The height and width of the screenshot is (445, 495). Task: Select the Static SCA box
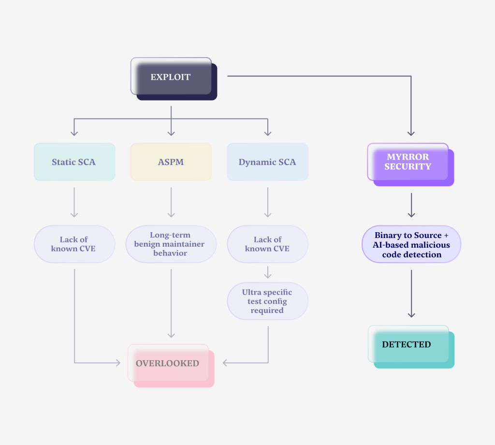click(74, 162)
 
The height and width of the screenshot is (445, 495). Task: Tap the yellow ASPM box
click(171, 162)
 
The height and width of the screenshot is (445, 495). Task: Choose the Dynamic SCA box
click(267, 162)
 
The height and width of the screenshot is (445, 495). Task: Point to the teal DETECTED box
click(408, 344)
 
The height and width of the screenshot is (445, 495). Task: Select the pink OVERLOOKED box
click(168, 363)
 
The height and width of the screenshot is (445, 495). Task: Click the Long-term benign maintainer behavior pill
click(171, 244)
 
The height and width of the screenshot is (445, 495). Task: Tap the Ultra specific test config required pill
click(267, 301)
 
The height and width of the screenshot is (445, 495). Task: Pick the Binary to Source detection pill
click(411, 245)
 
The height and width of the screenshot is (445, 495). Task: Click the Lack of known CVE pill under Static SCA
click(74, 244)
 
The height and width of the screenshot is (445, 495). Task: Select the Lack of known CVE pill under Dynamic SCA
click(267, 244)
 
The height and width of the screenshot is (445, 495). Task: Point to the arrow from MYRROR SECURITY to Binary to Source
click(411, 205)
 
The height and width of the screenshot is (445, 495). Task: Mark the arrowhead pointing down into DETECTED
click(411, 314)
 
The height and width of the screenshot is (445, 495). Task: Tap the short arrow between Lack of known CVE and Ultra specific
click(267, 273)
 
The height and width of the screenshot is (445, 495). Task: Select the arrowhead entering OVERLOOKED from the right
click(225, 363)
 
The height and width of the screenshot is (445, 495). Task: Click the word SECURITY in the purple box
click(408, 167)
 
